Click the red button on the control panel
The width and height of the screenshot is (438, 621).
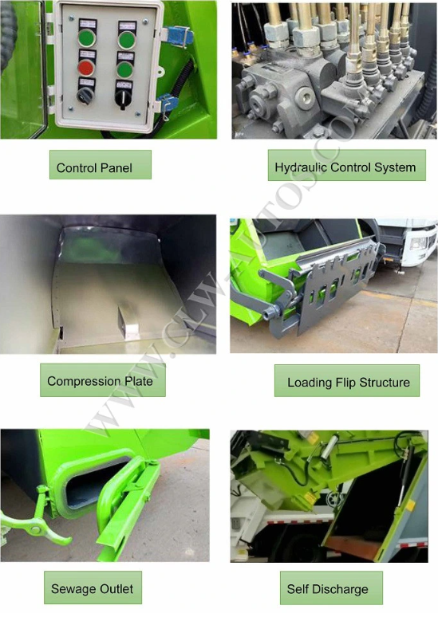coord(86,68)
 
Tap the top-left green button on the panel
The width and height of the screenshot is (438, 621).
coord(87,38)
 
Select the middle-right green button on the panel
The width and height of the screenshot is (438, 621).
coord(125,70)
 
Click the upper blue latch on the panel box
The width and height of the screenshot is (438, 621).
coord(180,35)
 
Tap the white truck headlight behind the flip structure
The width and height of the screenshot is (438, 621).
coord(417,243)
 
